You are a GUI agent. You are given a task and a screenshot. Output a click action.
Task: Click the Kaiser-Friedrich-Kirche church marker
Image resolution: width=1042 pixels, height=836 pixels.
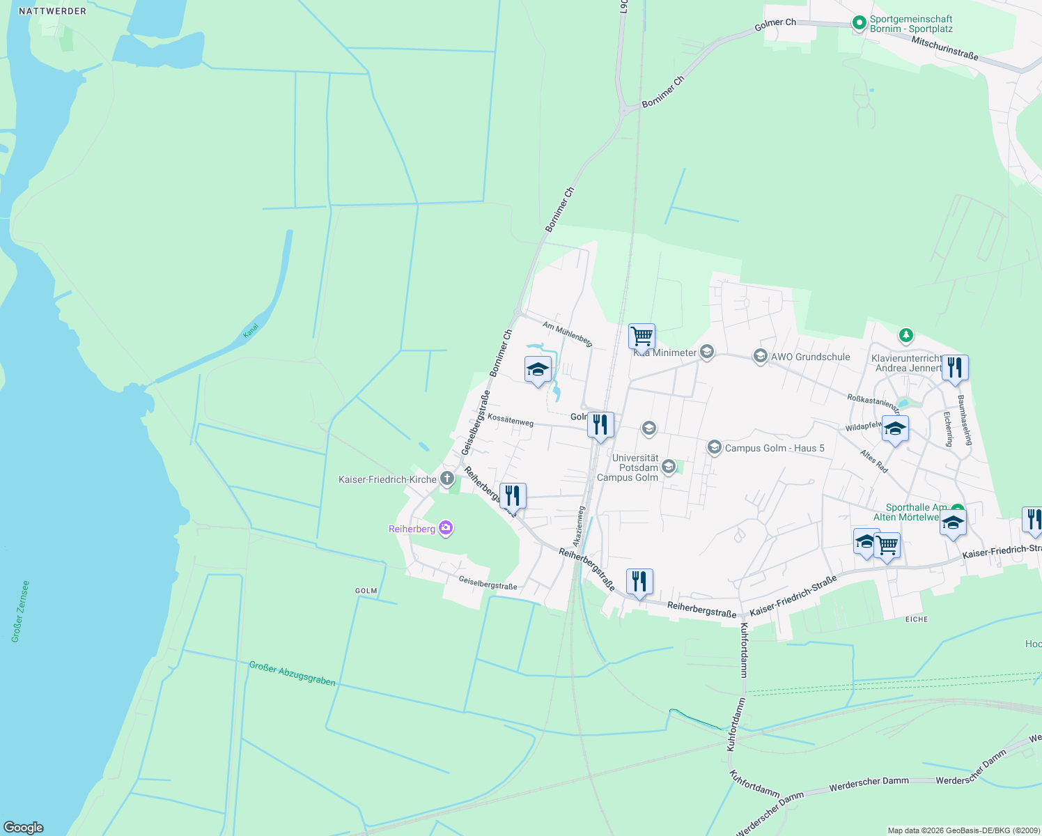pyautogui.click(x=447, y=479)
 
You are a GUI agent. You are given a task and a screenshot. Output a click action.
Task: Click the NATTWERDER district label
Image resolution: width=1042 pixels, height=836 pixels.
pyautogui.click(x=53, y=11)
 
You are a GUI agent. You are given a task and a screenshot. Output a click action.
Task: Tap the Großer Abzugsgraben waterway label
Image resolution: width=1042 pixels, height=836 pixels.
pyautogui.click(x=293, y=674)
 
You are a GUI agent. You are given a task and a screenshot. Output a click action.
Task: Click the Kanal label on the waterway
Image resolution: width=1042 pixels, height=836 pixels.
pyautogui.click(x=251, y=330)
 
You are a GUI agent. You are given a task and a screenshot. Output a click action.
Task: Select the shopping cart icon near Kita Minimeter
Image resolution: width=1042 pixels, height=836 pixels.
pyautogui.click(x=641, y=336)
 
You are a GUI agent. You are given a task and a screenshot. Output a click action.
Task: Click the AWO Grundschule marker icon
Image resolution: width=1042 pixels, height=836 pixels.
pyautogui.click(x=761, y=357)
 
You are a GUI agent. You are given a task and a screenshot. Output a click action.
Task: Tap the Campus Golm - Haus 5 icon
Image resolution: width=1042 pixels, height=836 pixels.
pyautogui.click(x=714, y=447)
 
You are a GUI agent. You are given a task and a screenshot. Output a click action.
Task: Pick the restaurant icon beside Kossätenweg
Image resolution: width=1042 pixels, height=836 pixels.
pyautogui.click(x=600, y=424)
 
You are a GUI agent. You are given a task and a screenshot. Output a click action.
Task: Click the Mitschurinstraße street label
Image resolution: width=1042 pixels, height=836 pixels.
pyautogui.click(x=945, y=47)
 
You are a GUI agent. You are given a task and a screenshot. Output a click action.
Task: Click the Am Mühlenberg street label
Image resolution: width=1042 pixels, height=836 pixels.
pyautogui.click(x=568, y=334)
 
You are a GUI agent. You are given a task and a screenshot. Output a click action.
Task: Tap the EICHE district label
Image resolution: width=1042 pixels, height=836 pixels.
pyautogui.click(x=917, y=619)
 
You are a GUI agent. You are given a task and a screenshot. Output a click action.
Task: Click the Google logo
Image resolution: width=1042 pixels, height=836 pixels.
pyautogui.click(x=24, y=828)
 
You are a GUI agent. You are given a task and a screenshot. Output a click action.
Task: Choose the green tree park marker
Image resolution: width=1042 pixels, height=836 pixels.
pyautogui.click(x=905, y=336)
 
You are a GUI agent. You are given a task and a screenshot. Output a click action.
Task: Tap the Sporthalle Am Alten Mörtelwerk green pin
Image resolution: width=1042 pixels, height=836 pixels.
pyautogui.click(x=958, y=510)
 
